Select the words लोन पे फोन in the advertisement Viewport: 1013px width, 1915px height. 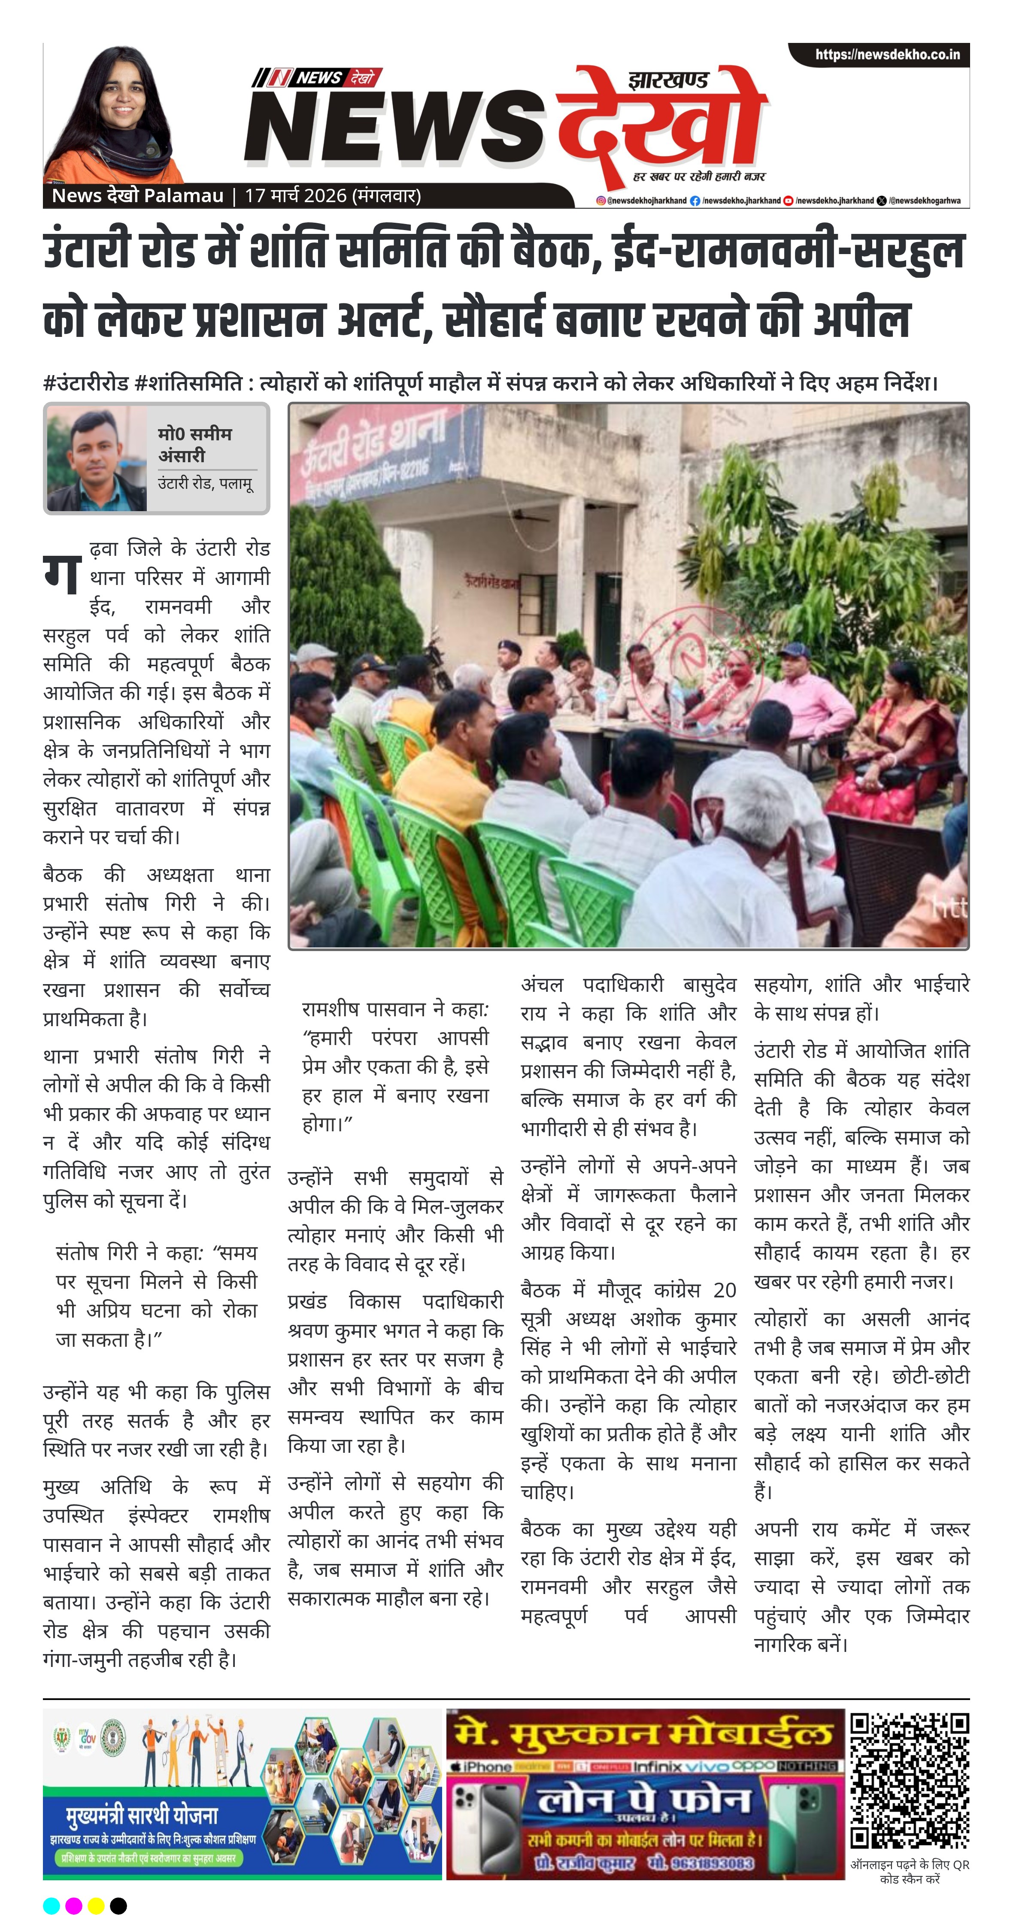pos(644,1800)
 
